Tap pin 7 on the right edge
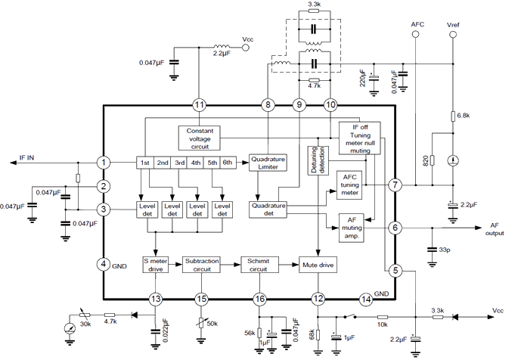(394, 185)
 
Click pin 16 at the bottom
(259, 299)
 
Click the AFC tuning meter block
(349, 185)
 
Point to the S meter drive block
(156, 264)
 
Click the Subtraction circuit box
(203, 264)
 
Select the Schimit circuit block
(260, 264)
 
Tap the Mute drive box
(318, 265)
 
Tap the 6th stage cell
(227, 163)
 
